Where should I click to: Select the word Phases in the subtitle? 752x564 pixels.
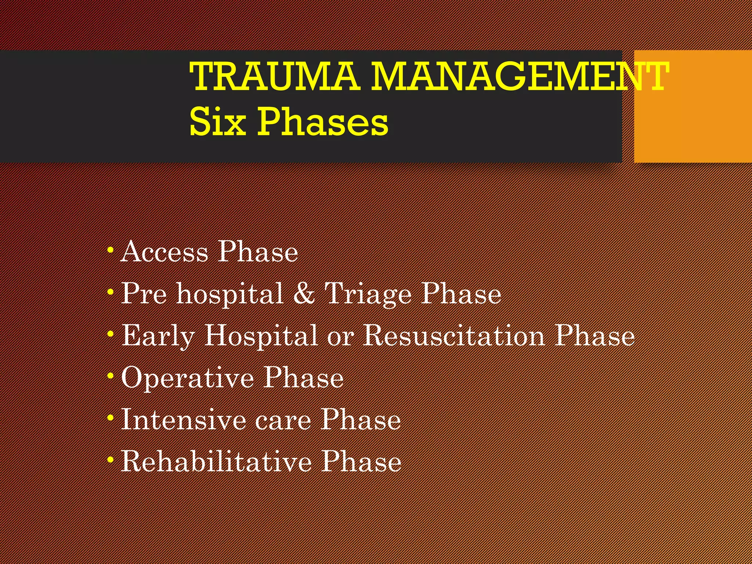(x=323, y=122)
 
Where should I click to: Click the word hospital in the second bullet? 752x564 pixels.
(x=230, y=294)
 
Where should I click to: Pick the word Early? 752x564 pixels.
(x=158, y=336)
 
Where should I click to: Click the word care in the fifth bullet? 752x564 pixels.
(x=283, y=421)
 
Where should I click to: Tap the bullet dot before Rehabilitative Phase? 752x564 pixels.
(x=110, y=460)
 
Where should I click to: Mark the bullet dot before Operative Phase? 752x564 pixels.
(x=110, y=376)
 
